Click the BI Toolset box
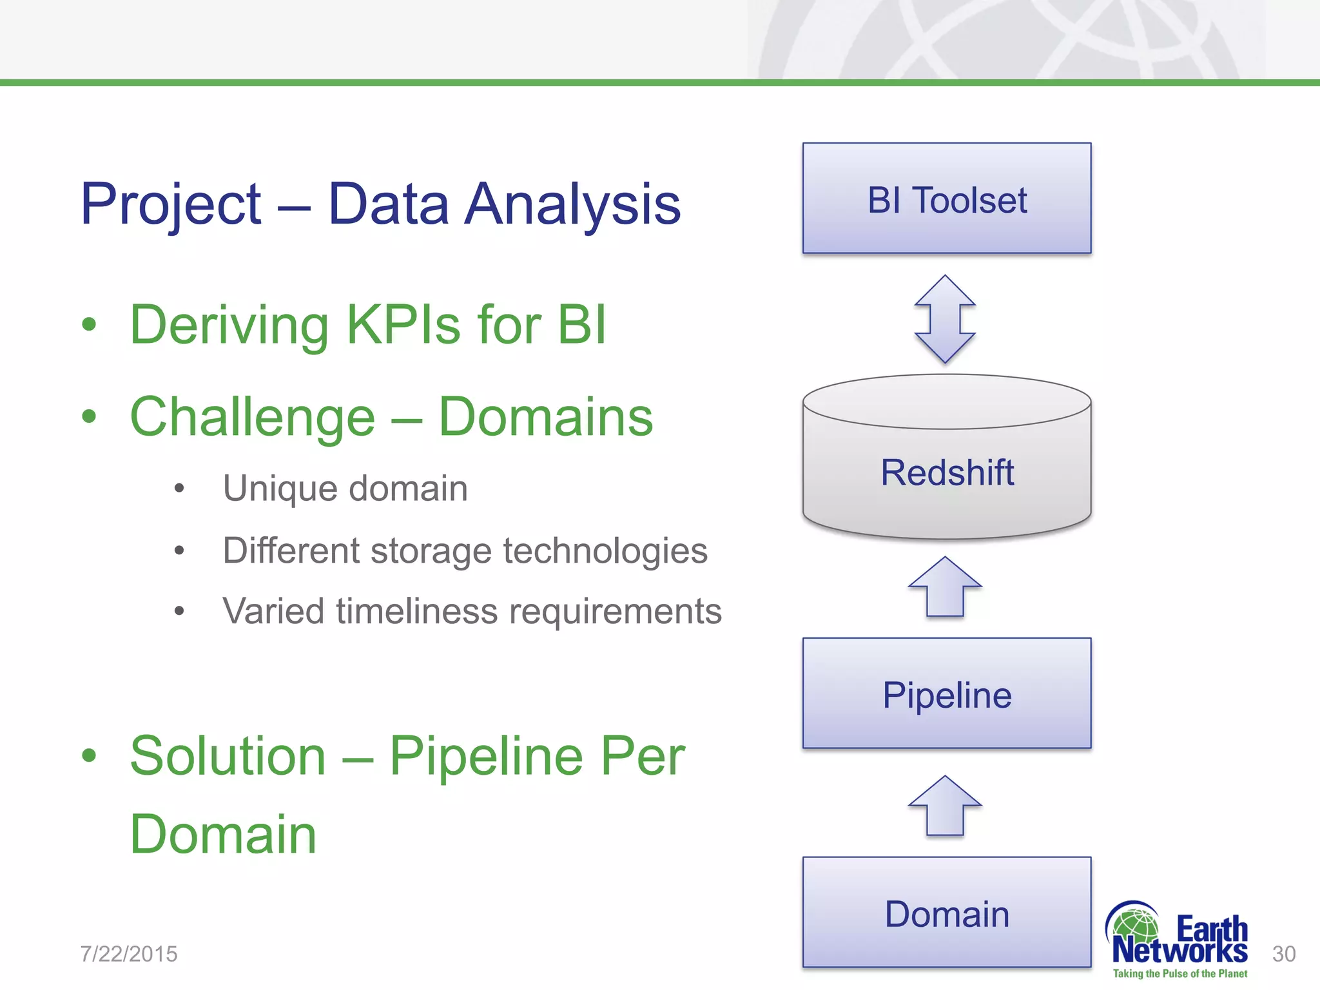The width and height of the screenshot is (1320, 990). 946,199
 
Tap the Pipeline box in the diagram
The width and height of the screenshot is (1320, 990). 946,694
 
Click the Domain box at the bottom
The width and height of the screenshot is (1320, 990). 946,913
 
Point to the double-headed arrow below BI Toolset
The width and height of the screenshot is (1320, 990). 945,319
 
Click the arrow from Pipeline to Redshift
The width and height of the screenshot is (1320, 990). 945,587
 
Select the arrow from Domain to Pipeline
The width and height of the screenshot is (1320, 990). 945,806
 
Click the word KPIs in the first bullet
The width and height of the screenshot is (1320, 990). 403,324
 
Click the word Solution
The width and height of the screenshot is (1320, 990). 228,757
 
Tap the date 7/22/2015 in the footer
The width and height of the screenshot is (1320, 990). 129,954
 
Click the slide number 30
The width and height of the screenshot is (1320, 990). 1283,954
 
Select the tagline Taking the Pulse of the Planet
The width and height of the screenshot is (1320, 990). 1179,974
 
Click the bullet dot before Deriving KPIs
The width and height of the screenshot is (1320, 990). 89,324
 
